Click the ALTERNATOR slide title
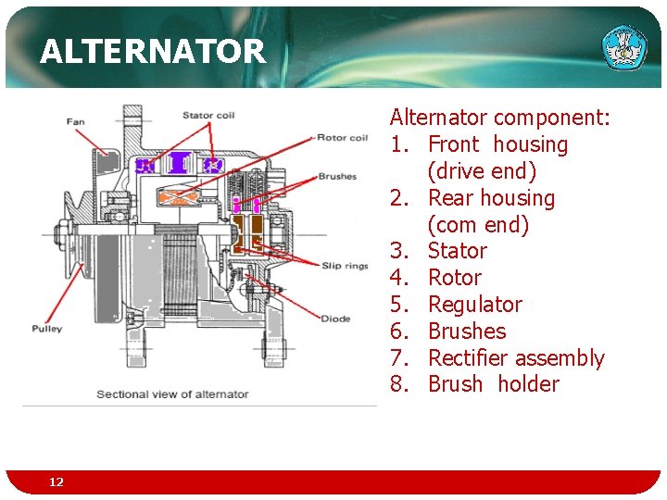click(153, 51)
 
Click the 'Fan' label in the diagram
click(76, 121)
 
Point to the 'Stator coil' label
click(208, 116)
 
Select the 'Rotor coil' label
click(342, 138)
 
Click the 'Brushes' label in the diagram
click(336, 176)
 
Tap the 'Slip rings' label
click(345, 266)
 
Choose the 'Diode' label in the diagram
click(335, 319)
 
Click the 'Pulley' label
click(46, 328)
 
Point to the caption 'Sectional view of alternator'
click(172, 394)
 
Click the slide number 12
click(57, 482)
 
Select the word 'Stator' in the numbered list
click(457, 251)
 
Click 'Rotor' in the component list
click(454, 278)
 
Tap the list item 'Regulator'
click(474, 305)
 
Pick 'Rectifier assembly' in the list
click(516, 358)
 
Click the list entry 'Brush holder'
click(493, 384)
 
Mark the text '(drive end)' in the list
click(482, 171)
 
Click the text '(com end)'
click(478, 225)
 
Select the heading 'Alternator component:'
click(499, 118)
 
